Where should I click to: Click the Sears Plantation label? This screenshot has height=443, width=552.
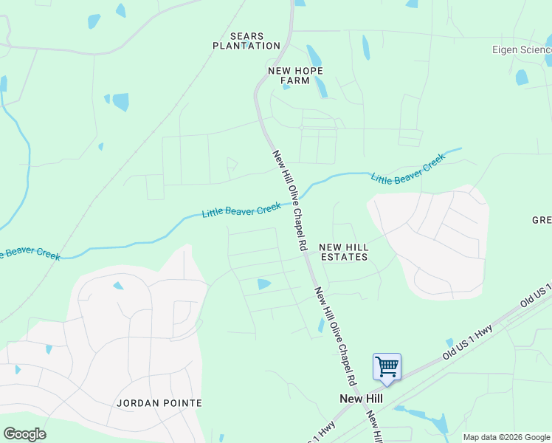pos(246,41)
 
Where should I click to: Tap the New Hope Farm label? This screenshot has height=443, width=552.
pos(295,75)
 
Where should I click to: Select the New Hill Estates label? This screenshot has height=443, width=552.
pos(342,252)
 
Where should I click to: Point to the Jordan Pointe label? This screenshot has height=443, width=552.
pos(159,403)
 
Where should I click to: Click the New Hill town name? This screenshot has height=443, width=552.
pos(361,398)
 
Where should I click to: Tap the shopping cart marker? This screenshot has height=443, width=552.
pos(387,367)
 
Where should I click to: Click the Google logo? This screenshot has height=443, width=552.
pos(24,433)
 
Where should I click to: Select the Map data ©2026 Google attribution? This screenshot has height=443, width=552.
pos(506,437)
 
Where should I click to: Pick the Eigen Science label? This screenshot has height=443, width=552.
pos(521,49)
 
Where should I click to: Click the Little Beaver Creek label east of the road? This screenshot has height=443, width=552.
pos(408,169)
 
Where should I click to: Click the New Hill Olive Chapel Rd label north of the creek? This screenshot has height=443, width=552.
pos(289,202)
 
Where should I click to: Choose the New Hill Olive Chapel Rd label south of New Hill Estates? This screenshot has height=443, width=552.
pos(336,337)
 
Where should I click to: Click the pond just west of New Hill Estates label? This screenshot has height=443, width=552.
pos(263,284)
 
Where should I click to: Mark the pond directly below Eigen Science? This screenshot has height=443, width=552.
pos(522,77)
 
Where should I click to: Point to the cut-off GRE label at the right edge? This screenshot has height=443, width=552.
pos(542,220)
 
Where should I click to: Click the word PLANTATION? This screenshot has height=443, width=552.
pos(246,46)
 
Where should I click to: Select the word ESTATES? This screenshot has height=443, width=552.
pos(342,257)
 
